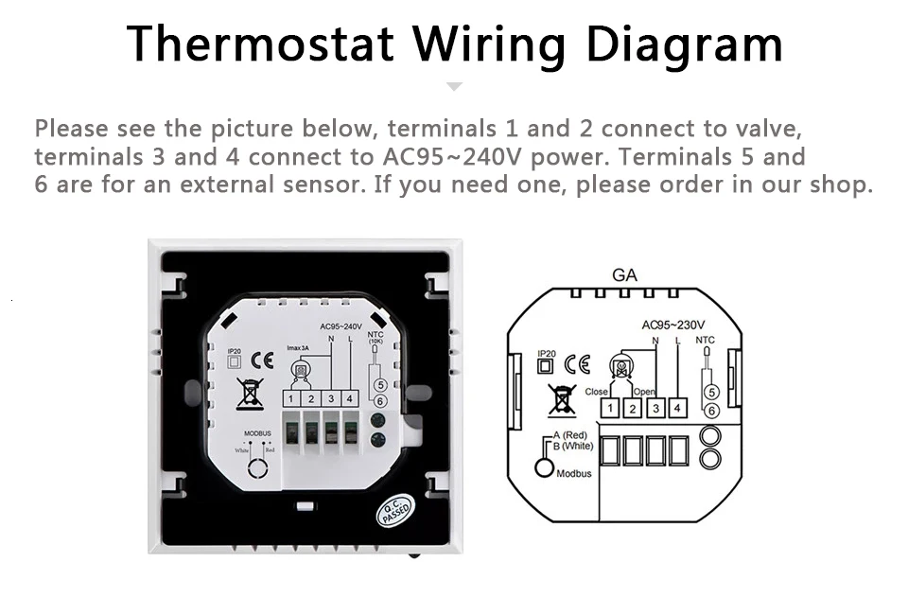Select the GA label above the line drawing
pos(624,275)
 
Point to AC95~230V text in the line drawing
pos(673,325)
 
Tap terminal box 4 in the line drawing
pos(677,409)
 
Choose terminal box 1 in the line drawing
pos(611,409)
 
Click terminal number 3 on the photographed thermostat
pos(331,399)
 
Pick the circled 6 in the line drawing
pos(711,410)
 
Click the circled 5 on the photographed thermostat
pos(380,385)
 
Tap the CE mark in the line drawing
pos(577,364)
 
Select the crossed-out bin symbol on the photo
pos(250,392)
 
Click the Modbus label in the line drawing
pos(574,473)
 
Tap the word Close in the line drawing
pos(597,391)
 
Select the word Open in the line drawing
pos(644,391)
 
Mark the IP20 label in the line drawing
pos(545,353)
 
